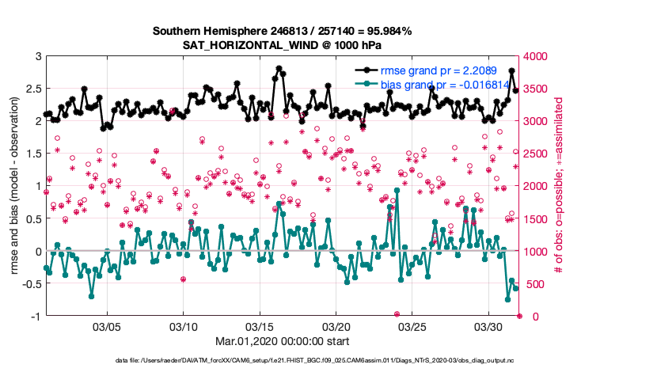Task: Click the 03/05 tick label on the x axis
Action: point(108,326)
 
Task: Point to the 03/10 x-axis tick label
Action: point(184,326)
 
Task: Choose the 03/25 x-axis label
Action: point(412,326)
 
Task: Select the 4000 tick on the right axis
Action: point(538,57)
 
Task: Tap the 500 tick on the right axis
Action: point(535,284)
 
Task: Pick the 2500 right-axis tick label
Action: point(538,154)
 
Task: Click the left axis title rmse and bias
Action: point(14,186)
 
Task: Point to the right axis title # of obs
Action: point(558,186)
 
